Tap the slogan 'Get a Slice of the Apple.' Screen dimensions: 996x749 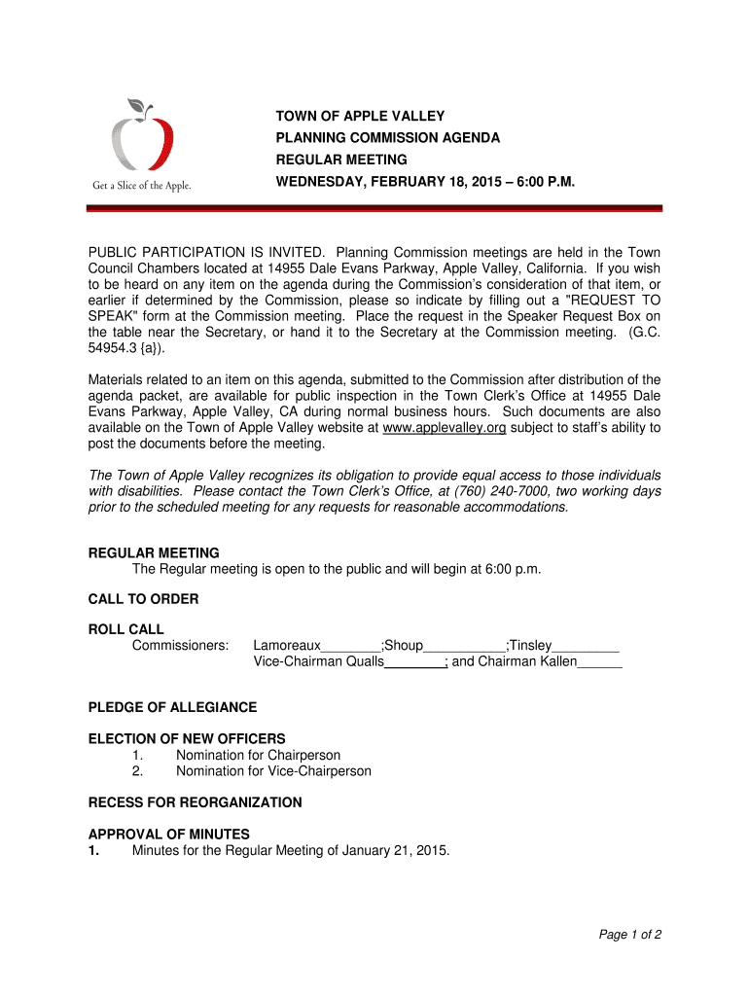[141, 186]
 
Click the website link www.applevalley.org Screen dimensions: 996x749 [445, 428]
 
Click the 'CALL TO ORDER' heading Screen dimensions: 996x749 [143, 599]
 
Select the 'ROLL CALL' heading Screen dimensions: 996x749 [126, 629]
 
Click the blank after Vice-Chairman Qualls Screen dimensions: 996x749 [415, 663]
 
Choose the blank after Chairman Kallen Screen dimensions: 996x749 [599, 663]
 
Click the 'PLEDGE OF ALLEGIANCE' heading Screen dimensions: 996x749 [172, 707]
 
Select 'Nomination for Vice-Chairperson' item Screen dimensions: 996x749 [273, 771]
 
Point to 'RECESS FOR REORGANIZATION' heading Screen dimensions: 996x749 [195, 802]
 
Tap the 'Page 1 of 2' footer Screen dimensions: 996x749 [630, 935]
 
